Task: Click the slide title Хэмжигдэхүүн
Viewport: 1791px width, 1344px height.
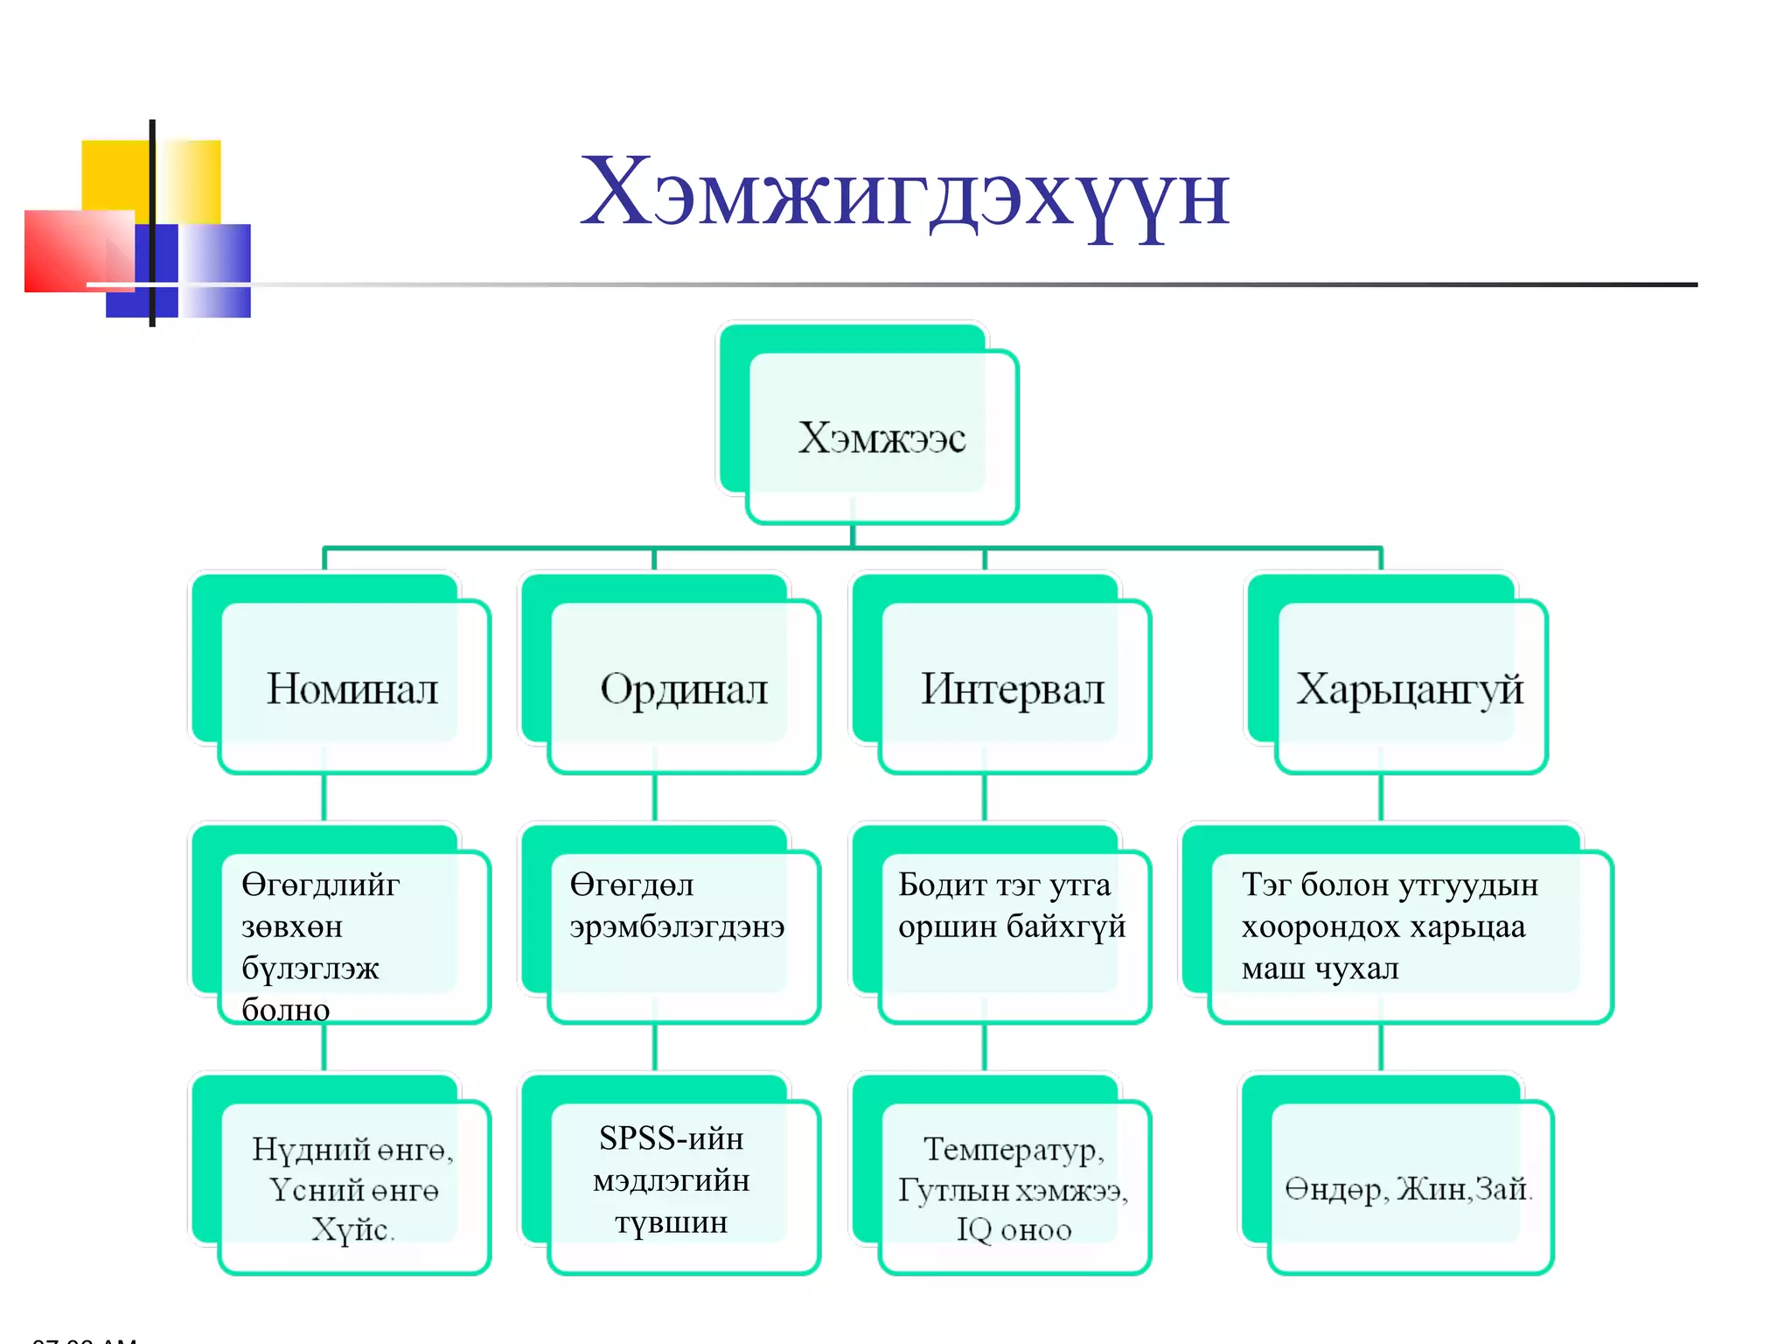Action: pos(904,192)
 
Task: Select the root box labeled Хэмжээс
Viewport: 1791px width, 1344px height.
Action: pos(882,437)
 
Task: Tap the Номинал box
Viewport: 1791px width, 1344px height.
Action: pos(352,689)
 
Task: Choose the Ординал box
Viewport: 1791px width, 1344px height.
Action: pos(683,689)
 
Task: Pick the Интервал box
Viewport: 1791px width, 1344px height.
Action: pos(1013,689)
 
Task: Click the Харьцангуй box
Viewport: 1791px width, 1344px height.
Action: pos(1409,689)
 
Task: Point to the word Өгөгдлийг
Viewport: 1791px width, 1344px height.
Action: pos(320,885)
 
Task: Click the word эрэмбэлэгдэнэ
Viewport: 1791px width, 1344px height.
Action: pos(677,926)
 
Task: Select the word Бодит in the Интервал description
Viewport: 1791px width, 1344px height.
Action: pos(942,885)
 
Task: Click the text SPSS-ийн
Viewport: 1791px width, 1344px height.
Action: pos(671,1138)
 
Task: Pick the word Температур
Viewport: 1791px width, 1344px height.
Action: pos(1013,1149)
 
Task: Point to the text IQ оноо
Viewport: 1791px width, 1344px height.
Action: pos(1013,1230)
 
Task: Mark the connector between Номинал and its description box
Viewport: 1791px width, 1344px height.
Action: pos(324,797)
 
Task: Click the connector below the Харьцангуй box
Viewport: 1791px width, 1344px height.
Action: pos(1381,797)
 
